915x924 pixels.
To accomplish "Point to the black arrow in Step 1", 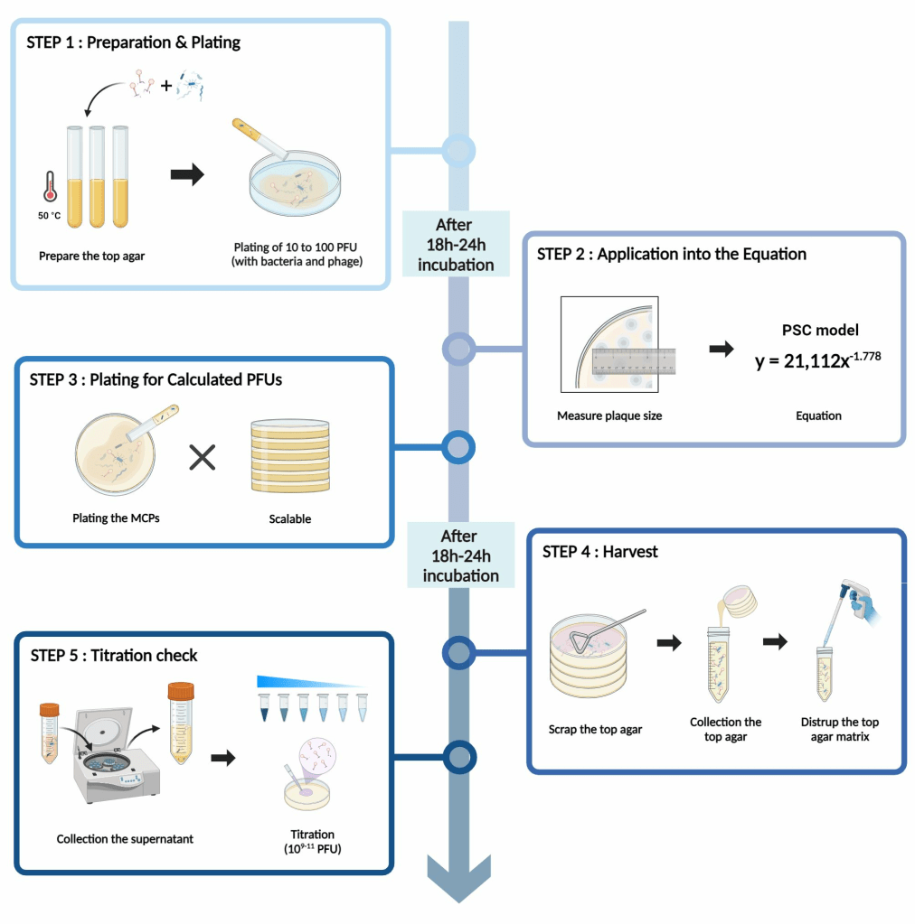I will [x=187, y=175].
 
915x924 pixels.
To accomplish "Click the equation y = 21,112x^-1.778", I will [x=817, y=360].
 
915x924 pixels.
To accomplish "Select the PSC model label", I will [x=819, y=330].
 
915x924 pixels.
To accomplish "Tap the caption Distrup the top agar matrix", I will [x=839, y=729].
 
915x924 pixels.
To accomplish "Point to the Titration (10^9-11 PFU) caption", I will [x=312, y=841].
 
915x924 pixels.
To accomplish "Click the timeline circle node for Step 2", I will [x=458, y=349].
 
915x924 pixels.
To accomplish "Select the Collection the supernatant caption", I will [x=125, y=839].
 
